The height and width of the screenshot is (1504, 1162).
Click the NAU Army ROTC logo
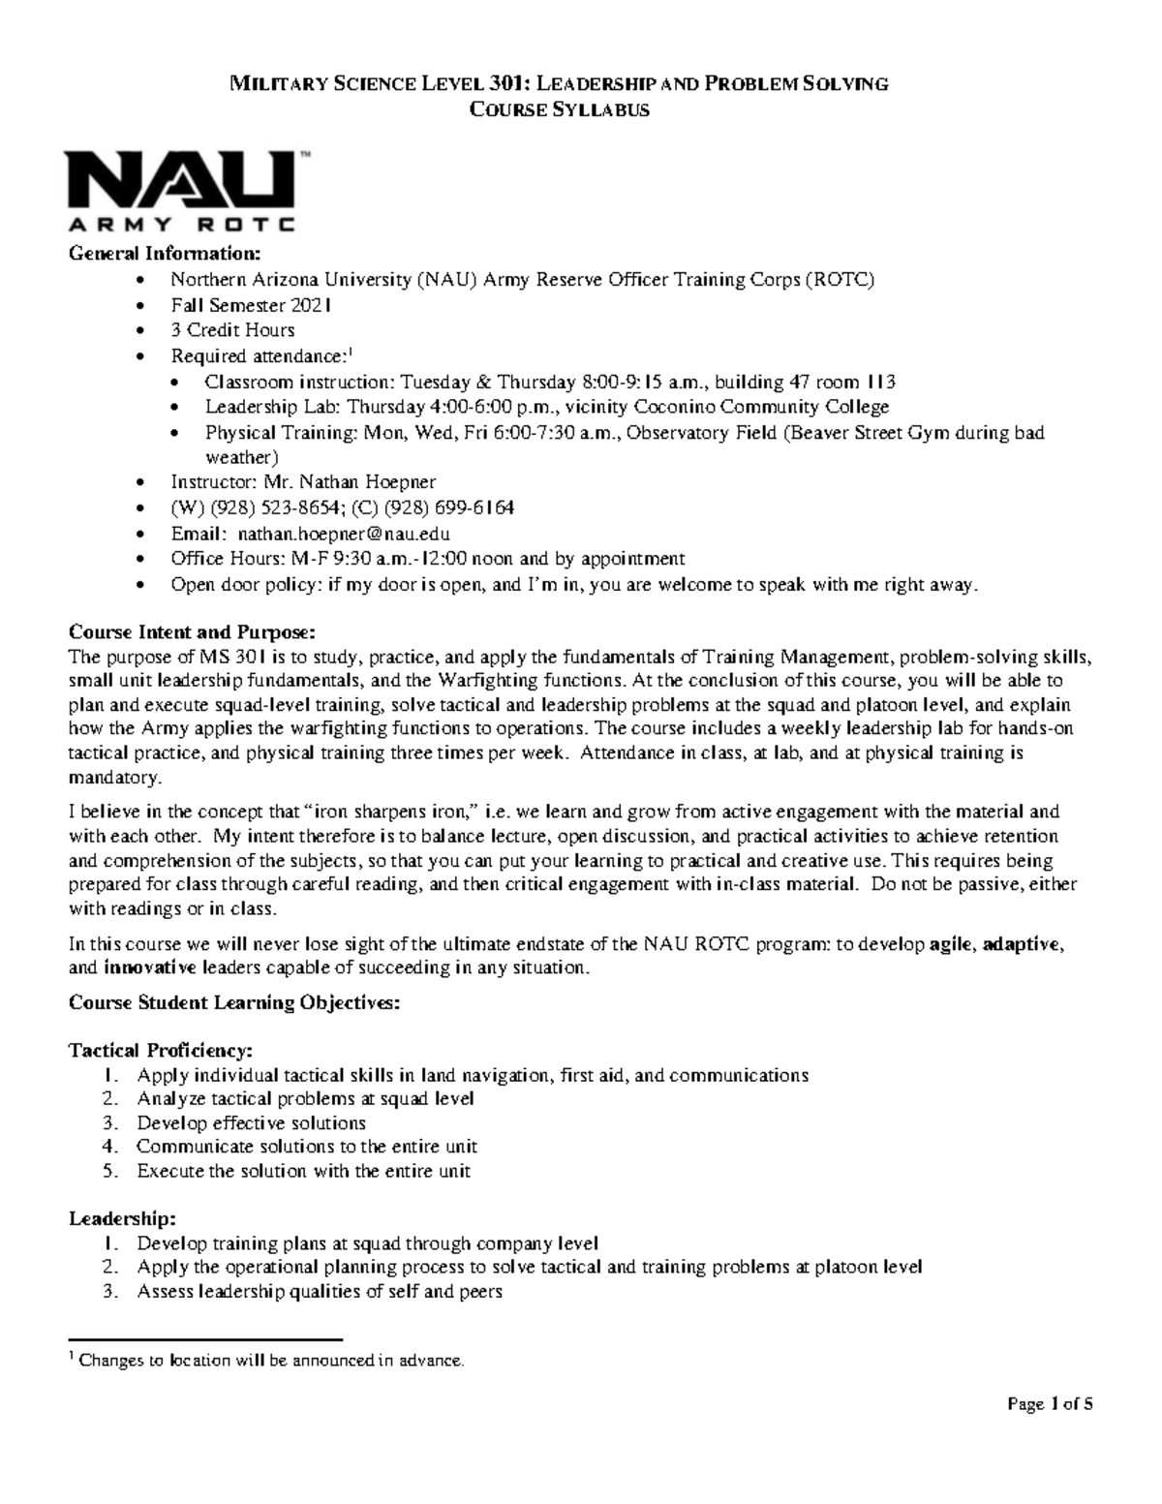pyautogui.click(x=180, y=191)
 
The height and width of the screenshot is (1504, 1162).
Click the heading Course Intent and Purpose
pyautogui.click(x=191, y=632)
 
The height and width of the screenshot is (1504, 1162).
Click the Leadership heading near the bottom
pyautogui.click(x=122, y=1219)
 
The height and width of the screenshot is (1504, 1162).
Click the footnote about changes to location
pyautogui.click(x=271, y=1361)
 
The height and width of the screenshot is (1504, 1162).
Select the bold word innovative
pyautogui.click(x=149, y=967)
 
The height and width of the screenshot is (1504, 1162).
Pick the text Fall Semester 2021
pyautogui.click(x=251, y=305)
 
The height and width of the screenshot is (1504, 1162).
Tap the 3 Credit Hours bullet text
pyautogui.click(x=232, y=330)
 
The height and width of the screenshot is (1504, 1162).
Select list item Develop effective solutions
pyautogui.click(x=251, y=1122)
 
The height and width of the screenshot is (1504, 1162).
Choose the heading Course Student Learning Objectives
pyautogui.click(x=233, y=1002)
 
